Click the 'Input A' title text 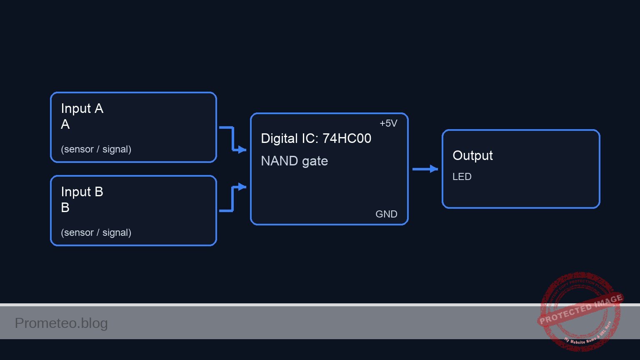(82, 109)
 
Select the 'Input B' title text (82, 192)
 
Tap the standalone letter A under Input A (65, 125)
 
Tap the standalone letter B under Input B (65, 208)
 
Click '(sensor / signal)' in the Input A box (96, 149)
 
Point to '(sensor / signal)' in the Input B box (96, 232)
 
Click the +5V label (388, 123)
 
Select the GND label (386, 214)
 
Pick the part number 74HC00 (347, 139)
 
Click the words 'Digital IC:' (290, 139)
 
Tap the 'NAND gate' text (294, 161)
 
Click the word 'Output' (472, 155)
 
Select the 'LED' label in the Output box (462, 177)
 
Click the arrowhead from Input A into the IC (242, 150)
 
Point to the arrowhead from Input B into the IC (242, 187)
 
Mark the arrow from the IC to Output (425, 169)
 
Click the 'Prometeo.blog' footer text (61, 323)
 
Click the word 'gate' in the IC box (315, 161)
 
